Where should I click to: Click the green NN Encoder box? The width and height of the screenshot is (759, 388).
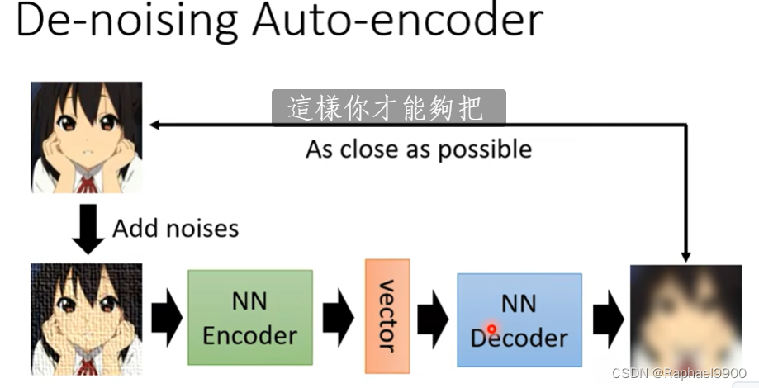coord(249,318)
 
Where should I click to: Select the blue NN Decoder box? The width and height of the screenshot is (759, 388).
coord(519,319)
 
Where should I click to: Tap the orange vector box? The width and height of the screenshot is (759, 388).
coord(387,316)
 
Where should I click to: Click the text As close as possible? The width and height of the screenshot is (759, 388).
coord(418,149)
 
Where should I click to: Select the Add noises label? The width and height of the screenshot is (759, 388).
coord(175,228)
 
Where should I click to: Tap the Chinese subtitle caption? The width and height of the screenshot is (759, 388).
coord(388,108)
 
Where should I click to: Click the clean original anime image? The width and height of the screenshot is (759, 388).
coord(86,136)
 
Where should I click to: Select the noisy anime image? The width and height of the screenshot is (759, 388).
coord(86,319)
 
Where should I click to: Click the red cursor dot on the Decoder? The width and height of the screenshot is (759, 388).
coord(491,329)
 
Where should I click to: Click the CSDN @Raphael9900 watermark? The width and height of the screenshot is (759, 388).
coord(679,374)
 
